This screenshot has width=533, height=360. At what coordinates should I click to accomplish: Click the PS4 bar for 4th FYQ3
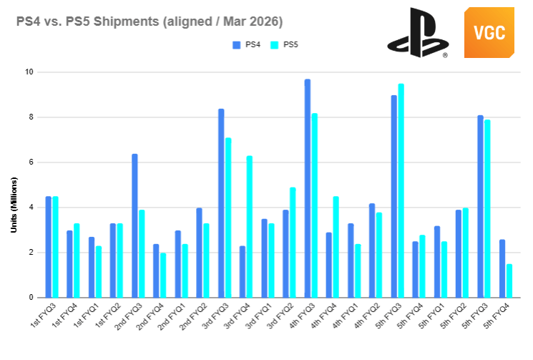(x=308, y=188)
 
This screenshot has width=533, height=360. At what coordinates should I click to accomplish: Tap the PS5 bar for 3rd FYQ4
(x=250, y=227)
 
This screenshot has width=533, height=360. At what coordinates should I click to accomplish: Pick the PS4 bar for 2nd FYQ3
(x=135, y=225)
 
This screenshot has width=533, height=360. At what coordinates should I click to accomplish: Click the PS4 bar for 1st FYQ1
(x=92, y=267)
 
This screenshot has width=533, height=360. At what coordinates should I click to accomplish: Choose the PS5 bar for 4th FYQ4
(x=336, y=247)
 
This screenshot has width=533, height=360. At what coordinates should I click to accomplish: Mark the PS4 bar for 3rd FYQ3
(x=221, y=203)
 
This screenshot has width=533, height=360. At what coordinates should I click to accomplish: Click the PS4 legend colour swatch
(x=237, y=45)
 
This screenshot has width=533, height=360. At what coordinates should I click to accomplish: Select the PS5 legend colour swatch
(x=274, y=45)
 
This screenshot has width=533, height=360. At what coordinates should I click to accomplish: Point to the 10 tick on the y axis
(x=29, y=72)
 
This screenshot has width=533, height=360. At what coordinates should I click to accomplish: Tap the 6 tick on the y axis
(x=31, y=162)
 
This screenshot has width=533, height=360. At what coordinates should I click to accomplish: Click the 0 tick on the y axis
(x=31, y=298)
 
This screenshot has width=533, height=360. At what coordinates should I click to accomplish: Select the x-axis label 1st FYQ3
(x=43, y=316)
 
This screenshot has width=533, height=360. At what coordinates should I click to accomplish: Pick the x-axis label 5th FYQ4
(x=497, y=316)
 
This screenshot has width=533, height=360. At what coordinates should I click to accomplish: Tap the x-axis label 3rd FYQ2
(x=280, y=316)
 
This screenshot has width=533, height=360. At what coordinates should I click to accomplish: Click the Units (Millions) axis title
(x=14, y=205)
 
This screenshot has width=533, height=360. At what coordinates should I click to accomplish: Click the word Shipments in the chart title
(x=126, y=21)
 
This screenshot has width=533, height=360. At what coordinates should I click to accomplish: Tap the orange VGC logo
(x=489, y=32)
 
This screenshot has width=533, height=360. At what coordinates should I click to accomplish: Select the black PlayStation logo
(x=418, y=33)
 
